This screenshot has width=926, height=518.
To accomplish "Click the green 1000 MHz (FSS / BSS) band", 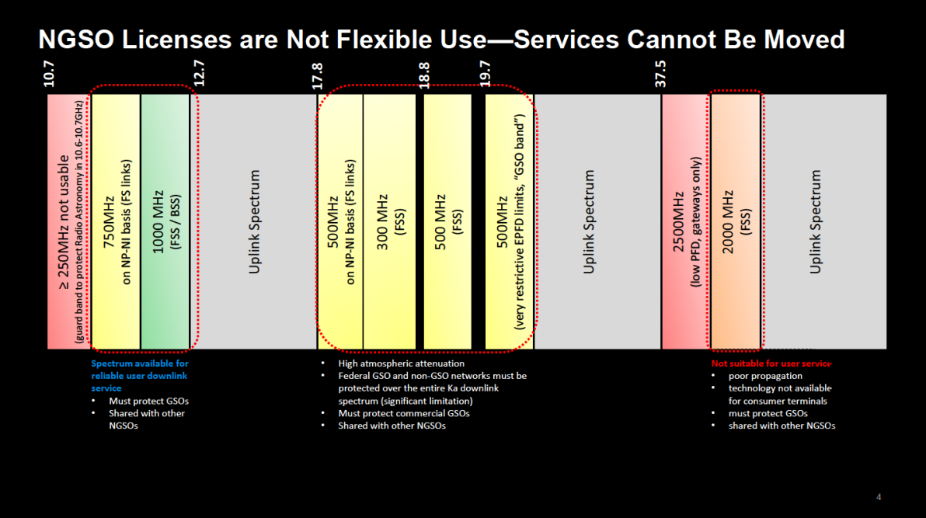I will [x=165, y=221].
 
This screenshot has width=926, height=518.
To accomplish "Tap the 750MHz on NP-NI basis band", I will [x=116, y=221].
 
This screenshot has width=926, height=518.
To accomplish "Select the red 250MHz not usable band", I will [x=68, y=221].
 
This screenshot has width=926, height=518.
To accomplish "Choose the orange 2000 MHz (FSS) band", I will [x=735, y=221].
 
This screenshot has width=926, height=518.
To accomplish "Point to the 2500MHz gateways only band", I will [x=685, y=221].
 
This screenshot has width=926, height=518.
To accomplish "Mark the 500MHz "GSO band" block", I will [x=510, y=221].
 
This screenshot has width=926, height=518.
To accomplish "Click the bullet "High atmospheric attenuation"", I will [x=401, y=363].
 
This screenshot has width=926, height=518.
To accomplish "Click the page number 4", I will [x=879, y=497].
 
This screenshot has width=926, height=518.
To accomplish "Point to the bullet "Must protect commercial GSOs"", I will [x=403, y=413].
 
